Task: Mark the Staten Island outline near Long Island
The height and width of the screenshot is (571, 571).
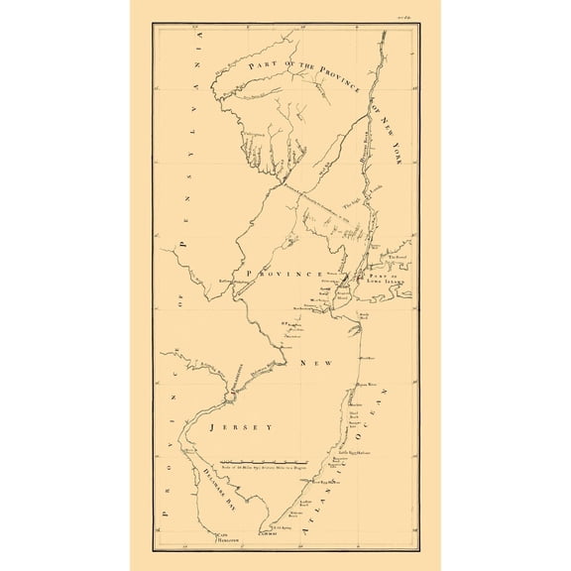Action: pyautogui.click(x=344, y=294)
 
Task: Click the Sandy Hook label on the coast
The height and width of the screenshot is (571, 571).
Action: pyautogui.click(x=365, y=314)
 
